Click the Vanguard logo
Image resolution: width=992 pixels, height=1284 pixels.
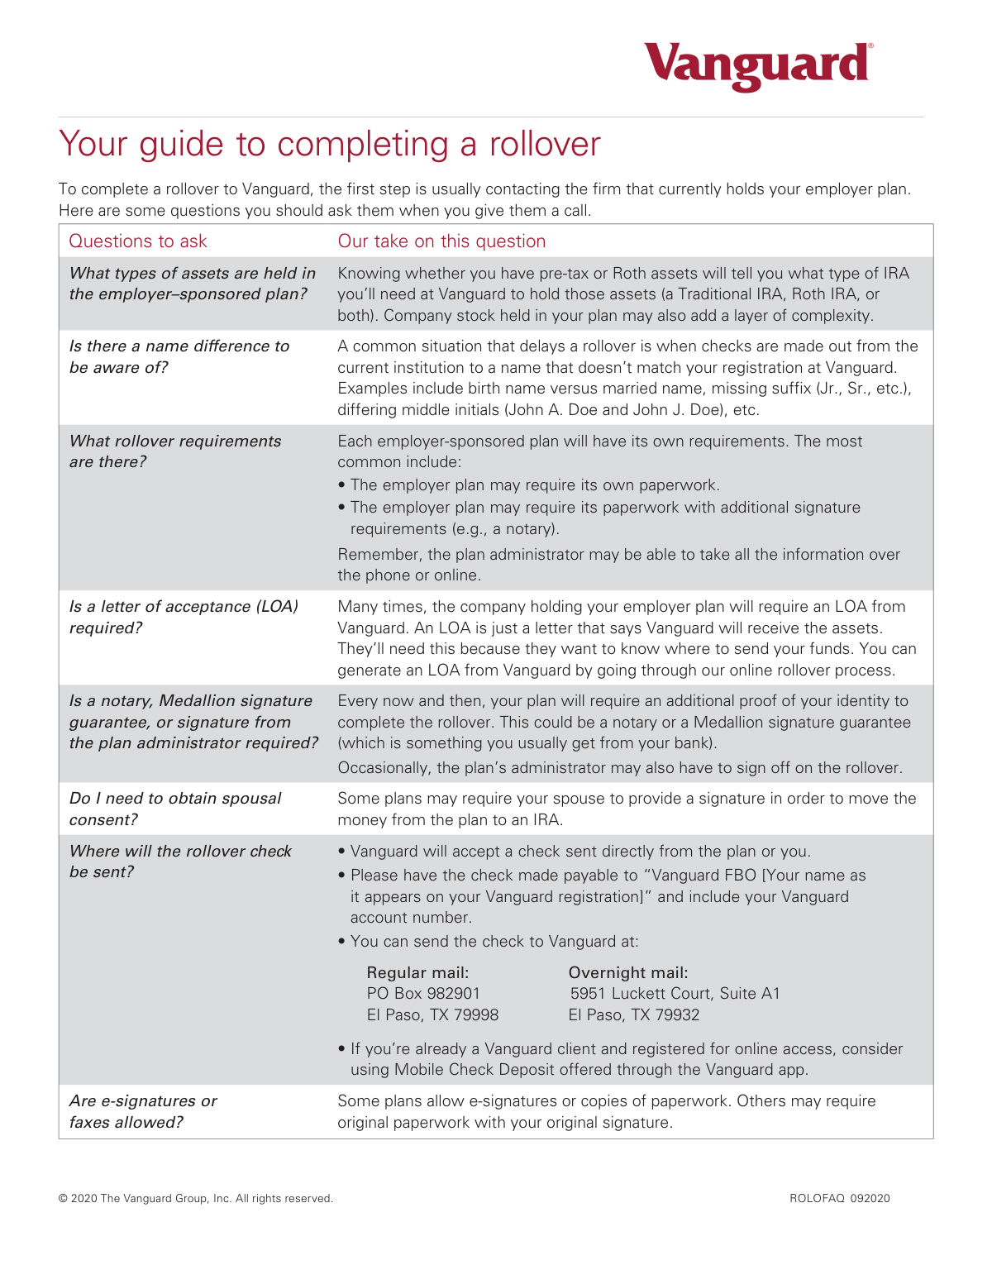tap(757, 65)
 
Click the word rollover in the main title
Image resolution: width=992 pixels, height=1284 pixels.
tap(545, 145)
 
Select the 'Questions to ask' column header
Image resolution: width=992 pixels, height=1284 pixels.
tap(138, 241)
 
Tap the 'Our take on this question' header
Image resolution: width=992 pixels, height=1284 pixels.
tap(441, 241)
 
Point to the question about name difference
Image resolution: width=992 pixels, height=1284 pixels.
tap(179, 356)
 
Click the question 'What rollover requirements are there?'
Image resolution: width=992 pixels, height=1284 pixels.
tap(175, 451)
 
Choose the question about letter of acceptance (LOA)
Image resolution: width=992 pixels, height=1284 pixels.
tap(184, 617)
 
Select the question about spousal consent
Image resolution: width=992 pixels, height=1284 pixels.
tap(175, 809)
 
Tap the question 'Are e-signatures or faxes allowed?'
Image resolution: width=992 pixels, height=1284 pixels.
tap(143, 1111)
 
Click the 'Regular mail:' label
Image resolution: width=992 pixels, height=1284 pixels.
tap(417, 972)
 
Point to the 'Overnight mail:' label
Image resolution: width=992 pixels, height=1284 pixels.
tap(628, 972)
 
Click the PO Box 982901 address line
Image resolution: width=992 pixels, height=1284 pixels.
tap(423, 994)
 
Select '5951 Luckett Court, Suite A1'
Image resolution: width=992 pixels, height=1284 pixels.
tap(675, 994)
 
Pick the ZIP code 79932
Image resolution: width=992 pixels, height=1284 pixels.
tap(677, 1015)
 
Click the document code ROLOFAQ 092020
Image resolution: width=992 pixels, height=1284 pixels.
tap(839, 1198)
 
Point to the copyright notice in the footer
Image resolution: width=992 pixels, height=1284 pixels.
tap(196, 1198)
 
